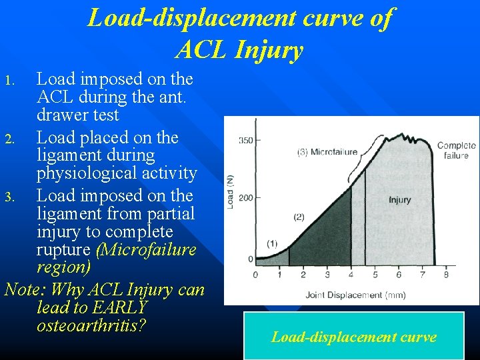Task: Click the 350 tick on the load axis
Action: tap(245, 141)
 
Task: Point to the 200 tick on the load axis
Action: tap(245, 198)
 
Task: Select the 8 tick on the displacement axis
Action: tap(445, 274)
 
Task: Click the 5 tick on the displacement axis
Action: tap(375, 274)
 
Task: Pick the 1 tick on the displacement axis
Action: tap(279, 274)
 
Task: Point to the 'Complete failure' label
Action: tap(456, 150)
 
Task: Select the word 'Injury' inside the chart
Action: tap(399, 199)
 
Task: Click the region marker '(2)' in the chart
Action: tap(299, 217)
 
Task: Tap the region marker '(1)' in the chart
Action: tap(271, 243)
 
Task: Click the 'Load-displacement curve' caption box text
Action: tap(353, 337)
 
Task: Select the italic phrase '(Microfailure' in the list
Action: tap(146, 250)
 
